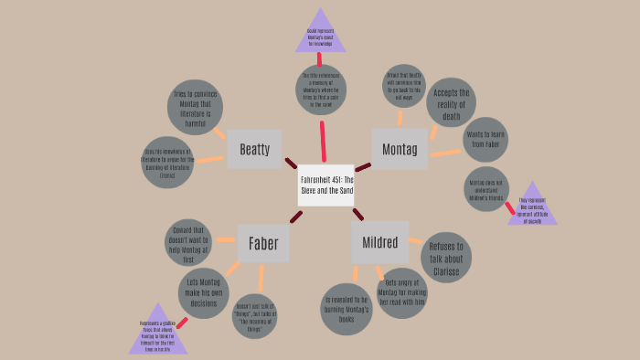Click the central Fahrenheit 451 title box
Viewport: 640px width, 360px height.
click(325, 185)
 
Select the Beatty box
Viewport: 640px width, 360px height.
click(254, 149)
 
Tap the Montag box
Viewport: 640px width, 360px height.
click(400, 149)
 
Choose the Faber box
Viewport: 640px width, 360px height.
click(263, 243)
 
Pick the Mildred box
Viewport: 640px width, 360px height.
click(379, 242)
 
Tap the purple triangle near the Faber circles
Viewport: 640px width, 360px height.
click(157, 332)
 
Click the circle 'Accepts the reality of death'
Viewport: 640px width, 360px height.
click(451, 102)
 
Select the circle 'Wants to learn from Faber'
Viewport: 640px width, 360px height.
click(485, 139)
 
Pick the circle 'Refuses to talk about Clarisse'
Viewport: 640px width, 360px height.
click(446, 258)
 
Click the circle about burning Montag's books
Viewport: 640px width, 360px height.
click(347, 309)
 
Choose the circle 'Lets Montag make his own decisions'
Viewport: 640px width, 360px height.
click(203, 292)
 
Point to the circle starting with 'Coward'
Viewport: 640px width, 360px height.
click(188, 242)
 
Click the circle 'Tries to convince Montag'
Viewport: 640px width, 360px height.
click(195, 107)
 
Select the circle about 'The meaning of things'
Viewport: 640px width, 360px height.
click(255, 317)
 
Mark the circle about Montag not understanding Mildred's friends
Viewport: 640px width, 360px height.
click(486, 189)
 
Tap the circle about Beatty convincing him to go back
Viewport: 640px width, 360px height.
click(404, 86)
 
